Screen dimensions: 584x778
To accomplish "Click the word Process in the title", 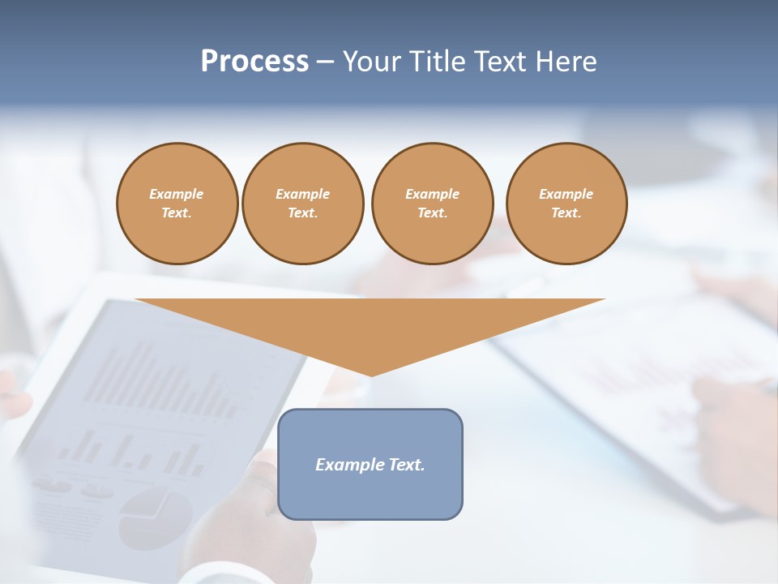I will (x=254, y=62).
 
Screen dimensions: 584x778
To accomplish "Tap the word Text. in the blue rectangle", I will (x=405, y=465).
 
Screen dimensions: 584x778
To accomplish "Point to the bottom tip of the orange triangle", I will (x=371, y=374).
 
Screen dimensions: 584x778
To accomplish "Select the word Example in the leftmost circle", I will (x=177, y=194).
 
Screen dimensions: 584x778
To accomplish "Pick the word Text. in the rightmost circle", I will (x=566, y=213).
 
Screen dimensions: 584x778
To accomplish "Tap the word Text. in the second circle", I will (x=302, y=213).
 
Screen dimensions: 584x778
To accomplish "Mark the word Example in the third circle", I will (x=432, y=194).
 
